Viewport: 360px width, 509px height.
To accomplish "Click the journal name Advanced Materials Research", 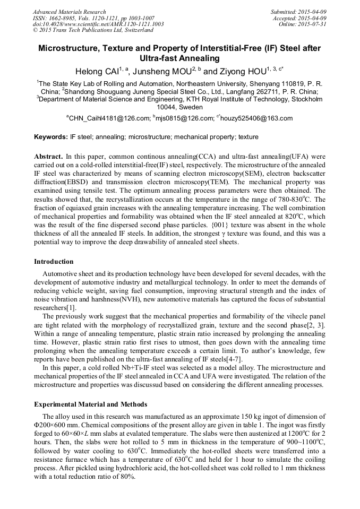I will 70,12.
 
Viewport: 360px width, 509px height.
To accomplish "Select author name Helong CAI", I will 98,72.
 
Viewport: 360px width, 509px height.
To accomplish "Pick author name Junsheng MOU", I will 165,72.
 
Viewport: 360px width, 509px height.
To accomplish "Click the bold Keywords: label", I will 51,137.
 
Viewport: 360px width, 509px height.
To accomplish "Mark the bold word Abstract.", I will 48,157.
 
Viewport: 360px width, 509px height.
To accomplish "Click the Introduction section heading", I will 54,262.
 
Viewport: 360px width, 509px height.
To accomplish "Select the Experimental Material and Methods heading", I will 91,404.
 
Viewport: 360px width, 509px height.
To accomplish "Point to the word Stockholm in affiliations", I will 303,99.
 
